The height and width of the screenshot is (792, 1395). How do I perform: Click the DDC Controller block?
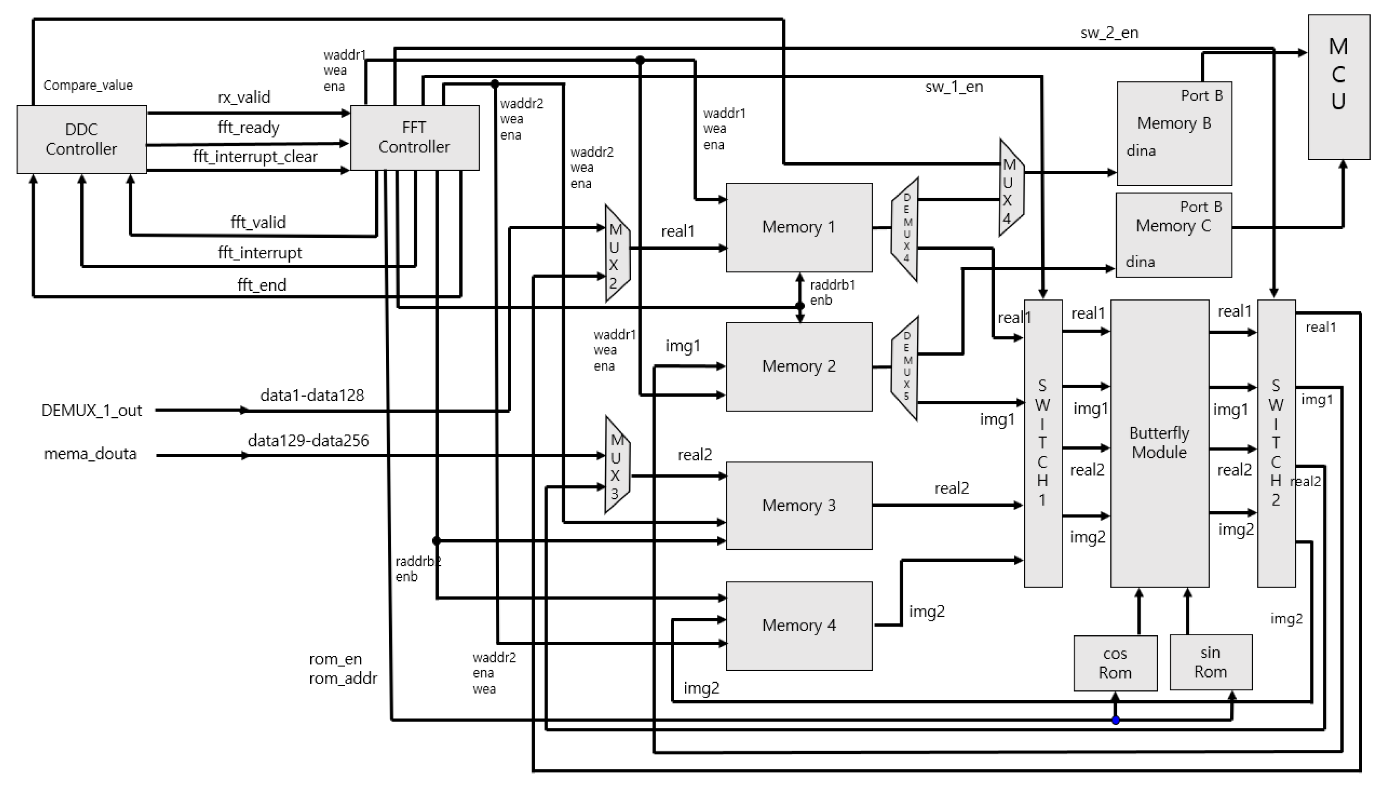82,139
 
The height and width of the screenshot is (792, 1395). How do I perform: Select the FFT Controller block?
414,137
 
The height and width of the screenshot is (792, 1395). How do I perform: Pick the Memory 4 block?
798,625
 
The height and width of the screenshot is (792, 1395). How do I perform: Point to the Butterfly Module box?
1159,443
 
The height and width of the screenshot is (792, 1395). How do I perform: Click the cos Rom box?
1115,663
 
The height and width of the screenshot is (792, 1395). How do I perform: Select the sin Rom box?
1210,662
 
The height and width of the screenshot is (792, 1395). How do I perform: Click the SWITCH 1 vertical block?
1042,443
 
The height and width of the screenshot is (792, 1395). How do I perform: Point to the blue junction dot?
1115,720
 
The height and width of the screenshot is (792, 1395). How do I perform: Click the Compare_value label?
88,85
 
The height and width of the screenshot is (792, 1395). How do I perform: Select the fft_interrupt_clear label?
255,157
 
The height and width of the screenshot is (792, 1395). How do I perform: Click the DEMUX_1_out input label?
91,410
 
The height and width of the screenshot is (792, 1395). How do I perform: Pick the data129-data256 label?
308,440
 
